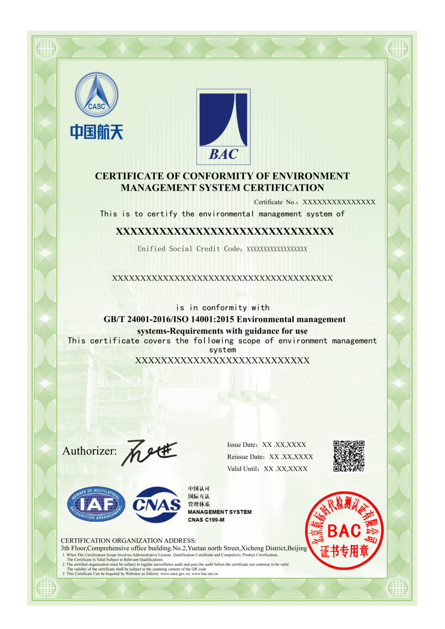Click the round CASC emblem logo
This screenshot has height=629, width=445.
(x=97, y=95)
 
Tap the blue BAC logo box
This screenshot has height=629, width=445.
(x=223, y=127)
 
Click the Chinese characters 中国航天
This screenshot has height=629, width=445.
(x=96, y=132)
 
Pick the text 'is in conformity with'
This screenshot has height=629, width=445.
(x=222, y=308)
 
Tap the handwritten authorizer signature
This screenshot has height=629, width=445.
(x=149, y=452)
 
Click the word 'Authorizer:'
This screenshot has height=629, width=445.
(x=90, y=452)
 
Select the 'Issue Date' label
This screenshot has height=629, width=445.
(x=242, y=445)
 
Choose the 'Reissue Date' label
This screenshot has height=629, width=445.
(x=245, y=457)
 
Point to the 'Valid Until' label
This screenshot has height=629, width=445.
(x=243, y=469)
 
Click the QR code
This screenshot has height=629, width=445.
(x=349, y=456)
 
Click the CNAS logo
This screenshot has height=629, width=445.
(x=157, y=505)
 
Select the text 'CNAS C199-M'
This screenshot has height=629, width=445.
(x=206, y=520)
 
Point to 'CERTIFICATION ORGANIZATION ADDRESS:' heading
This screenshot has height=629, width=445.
(x=128, y=541)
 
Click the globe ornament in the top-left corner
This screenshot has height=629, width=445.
(x=46, y=48)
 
